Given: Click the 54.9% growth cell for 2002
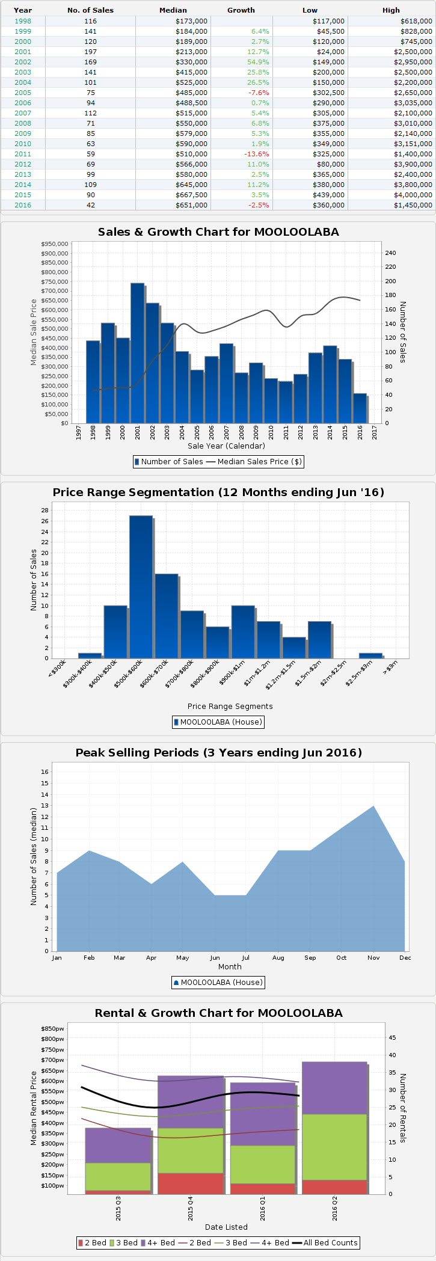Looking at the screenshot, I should [x=260, y=62].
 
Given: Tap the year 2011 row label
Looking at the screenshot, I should [x=23, y=154].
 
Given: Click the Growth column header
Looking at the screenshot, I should [x=241, y=10].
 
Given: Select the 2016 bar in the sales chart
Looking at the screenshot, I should [x=360, y=408].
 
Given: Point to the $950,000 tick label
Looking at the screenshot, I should [x=55, y=244].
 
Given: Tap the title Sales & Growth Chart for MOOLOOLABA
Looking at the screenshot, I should [x=218, y=232].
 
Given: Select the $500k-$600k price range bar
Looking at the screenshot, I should [x=141, y=586].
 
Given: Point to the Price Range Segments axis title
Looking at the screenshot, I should [x=230, y=707].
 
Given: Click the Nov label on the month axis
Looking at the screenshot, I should [x=373, y=958].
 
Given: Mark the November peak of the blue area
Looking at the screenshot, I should [x=373, y=807].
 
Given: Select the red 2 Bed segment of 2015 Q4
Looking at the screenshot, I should [x=191, y=1183].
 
